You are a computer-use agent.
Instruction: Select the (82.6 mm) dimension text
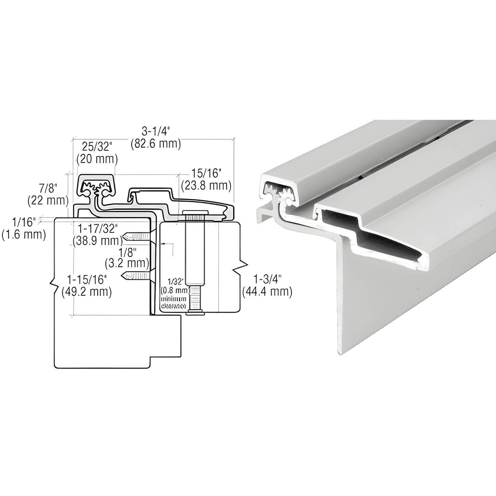(156, 144)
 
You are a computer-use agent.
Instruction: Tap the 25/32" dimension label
(97, 147)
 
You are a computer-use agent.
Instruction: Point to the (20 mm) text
(97, 159)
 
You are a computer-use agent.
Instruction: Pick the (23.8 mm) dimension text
(206, 185)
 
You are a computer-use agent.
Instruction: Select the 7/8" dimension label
(48, 188)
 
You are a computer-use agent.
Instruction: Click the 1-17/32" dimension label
(97, 228)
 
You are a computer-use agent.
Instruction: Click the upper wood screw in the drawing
(136, 237)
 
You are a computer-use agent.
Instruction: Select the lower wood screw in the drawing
(136, 275)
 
